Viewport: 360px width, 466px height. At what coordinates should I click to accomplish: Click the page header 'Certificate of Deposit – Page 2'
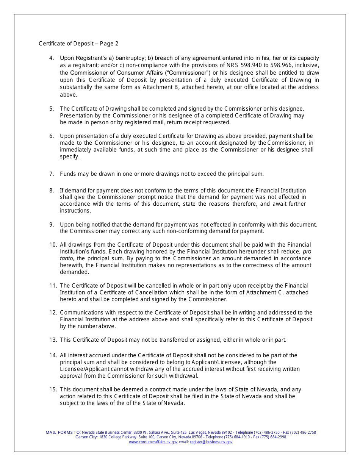click(78, 44)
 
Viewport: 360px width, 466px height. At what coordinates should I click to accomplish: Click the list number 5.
click(52, 109)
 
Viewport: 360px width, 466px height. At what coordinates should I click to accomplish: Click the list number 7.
click(52, 174)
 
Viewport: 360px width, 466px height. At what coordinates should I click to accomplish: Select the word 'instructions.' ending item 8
click(75, 211)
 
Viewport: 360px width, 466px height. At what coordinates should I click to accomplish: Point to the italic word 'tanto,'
click(67, 258)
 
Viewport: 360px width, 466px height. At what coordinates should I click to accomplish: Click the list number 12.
click(53, 313)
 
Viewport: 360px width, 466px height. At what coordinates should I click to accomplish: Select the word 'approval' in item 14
click(71, 376)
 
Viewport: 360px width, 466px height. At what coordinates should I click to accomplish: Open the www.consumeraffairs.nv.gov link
click(153, 442)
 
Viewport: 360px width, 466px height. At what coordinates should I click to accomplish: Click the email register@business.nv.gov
click(211, 442)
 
